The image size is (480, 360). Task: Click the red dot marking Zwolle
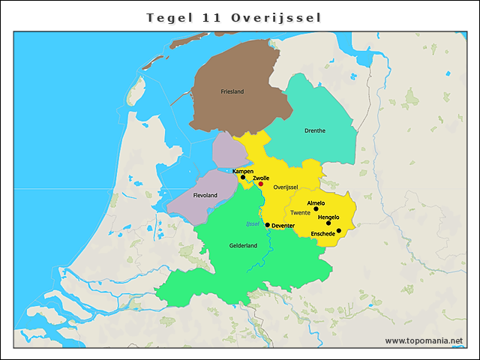[x=261, y=184]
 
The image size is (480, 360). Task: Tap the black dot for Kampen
[x=243, y=178]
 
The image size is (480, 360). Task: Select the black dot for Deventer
[x=268, y=224]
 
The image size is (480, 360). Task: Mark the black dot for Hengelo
[x=328, y=223]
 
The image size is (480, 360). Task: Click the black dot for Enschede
[x=339, y=230]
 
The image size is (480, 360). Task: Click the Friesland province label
[x=232, y=91]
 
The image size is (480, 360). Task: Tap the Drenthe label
[x=315, y=130]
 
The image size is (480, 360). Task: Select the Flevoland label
[x=205, y=195]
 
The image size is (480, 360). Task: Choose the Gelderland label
[x=243, y=245]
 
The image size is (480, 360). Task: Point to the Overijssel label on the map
[x=286, y=187]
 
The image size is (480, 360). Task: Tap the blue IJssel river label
[x=253, y=223]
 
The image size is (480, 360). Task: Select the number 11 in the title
[x=212, y=16]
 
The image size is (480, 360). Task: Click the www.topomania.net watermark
[x=424, y=340]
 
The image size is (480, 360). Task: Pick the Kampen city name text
[x=243, y=171]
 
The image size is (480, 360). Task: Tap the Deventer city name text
[x=283, y=225]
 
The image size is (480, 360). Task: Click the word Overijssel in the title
[x=276, y=16]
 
